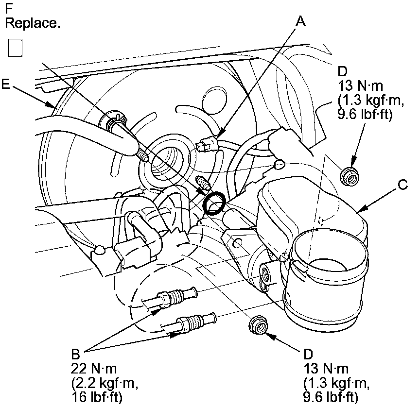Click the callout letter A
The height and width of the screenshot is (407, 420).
(x=301, y=21)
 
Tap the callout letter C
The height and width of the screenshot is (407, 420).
(x=402, y=185)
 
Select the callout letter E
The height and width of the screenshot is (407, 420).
(x=6, y=85)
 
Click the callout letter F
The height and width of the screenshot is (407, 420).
(x=9, y=9)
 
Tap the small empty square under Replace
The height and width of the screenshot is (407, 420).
(x=16, y=48)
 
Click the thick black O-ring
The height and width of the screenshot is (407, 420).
(x=214, y=203)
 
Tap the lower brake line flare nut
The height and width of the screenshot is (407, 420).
(x=191, y=322)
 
